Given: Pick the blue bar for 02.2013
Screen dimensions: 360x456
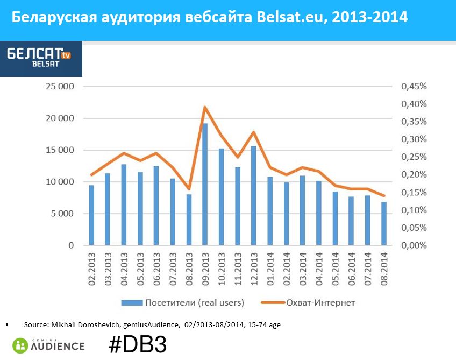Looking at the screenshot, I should pyautogui.click(x=91, y=215).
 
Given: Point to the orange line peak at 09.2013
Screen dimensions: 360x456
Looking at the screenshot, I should pyautogui.click(x=205, y=107).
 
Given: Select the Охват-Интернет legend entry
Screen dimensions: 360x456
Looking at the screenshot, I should pyautogui.click(x=327, y=302).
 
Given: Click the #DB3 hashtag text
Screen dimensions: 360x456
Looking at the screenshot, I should pyautogui.click(x=138, y=345).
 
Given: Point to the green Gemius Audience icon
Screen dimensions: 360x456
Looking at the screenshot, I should pyautogui.click(x=20, y=345).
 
